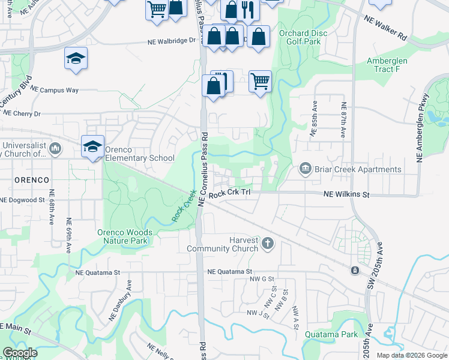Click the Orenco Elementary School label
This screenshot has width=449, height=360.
(140, 154)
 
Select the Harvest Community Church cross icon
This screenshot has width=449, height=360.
(268, 244)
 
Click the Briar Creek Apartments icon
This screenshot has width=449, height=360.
(305, 169)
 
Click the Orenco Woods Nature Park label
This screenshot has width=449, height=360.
(125, 236)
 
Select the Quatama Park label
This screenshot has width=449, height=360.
(331, 334)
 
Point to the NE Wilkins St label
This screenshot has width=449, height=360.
(346, 194)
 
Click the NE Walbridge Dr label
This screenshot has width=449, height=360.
(172, 41)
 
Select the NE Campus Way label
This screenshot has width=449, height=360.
(54, 89)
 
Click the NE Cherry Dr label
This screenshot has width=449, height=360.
(20, 113)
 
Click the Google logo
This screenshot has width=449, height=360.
(20, 353)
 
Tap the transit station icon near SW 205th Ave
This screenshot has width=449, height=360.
(355, 271)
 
